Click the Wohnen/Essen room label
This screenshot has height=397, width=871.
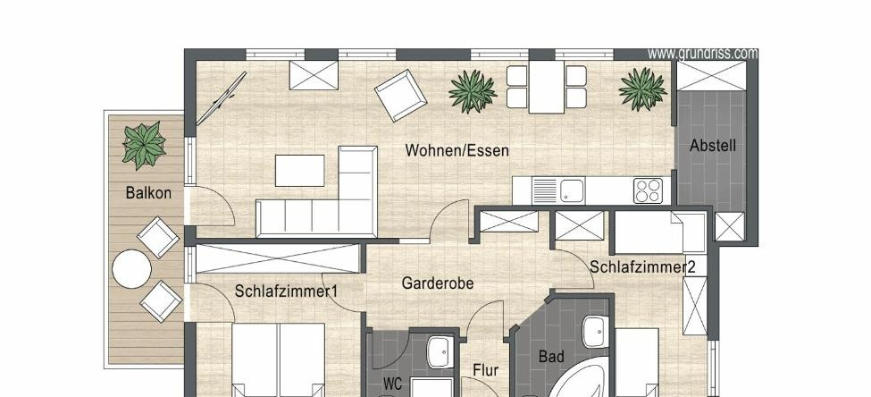456,150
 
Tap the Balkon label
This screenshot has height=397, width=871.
148,193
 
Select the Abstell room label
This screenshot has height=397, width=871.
713,146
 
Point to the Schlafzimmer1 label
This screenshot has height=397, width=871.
286,291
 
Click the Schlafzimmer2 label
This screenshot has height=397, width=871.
642,266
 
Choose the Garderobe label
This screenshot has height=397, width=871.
438,283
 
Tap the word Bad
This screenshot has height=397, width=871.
551,357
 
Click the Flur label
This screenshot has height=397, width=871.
485,370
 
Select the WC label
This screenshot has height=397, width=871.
393,384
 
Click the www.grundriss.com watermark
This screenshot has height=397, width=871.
703,54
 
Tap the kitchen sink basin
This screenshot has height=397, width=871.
572,190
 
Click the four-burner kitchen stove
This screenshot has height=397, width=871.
649,190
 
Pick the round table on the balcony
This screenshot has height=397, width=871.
131,269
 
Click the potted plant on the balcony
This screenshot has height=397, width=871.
144,145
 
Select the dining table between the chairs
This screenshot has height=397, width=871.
546,87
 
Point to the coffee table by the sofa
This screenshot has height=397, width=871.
299,171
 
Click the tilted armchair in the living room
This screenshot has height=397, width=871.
400,95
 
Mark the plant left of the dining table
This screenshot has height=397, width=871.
473,91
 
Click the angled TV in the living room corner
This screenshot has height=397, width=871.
221,98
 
